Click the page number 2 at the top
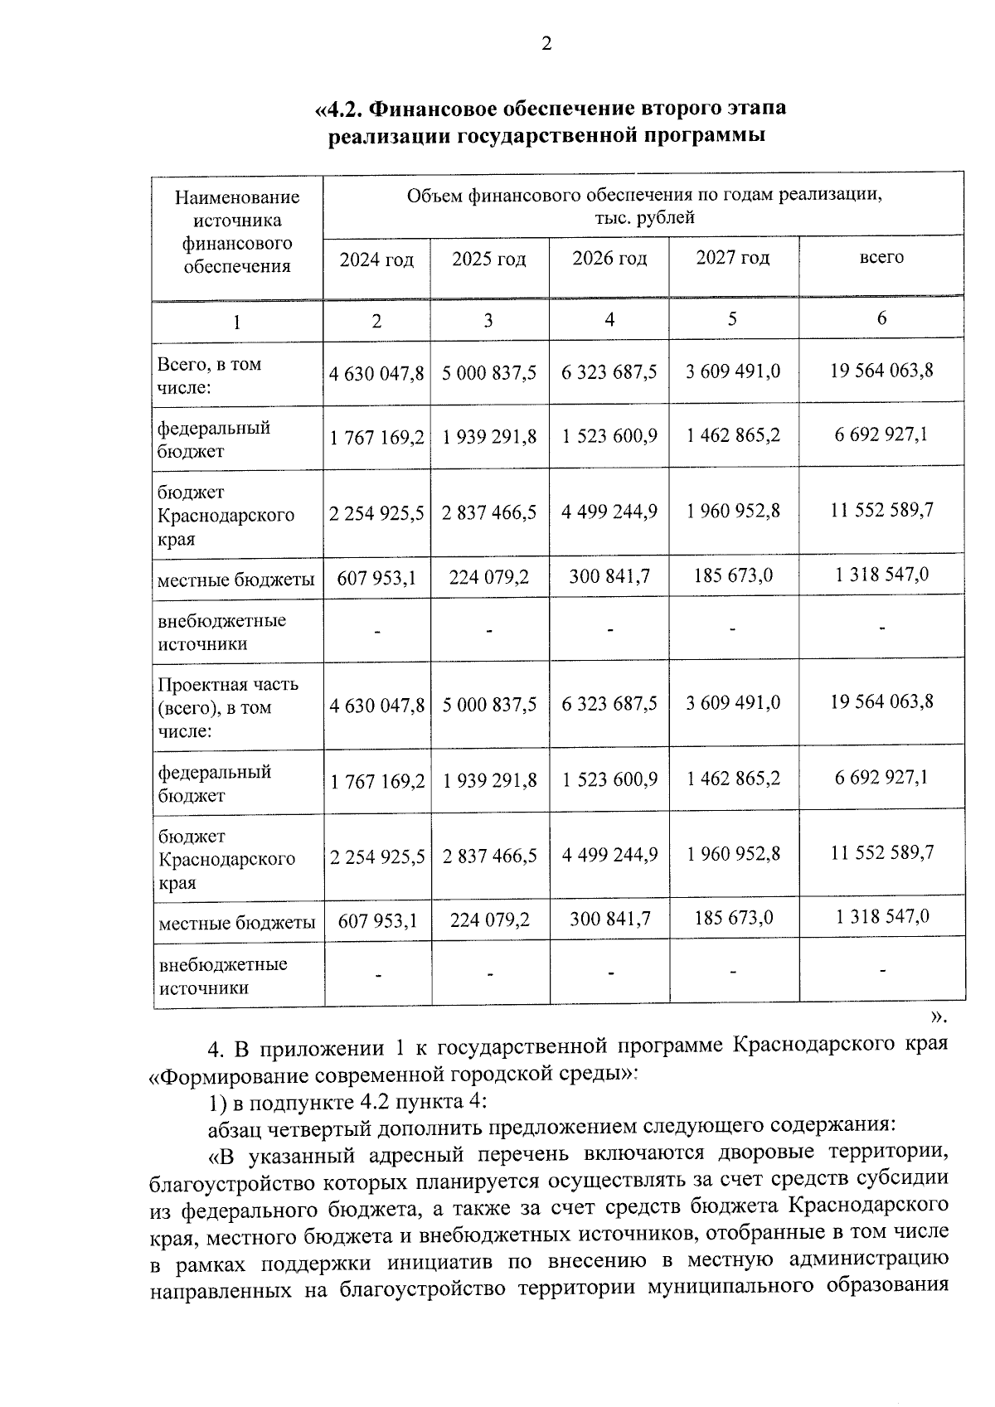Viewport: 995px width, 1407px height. [x=546, y=44]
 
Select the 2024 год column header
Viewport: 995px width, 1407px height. [x=376, y=260]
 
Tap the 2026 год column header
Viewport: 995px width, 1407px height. [x=609, y=258]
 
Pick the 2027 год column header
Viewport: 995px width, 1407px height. [x=732, y=257]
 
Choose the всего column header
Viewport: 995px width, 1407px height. [x=881, y=257]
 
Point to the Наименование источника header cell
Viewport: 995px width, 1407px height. [x=237, y=231]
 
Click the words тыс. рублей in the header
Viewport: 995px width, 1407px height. [x=644, y=218]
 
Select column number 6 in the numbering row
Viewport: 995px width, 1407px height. [x=881, y=318]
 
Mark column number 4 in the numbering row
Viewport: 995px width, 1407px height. [x=609, y=319]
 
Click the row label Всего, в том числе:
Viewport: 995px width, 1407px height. [x=209, y=376]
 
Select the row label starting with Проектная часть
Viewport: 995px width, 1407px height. [x=228, y=707]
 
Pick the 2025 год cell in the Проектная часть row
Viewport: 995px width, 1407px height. [x=489, y=705]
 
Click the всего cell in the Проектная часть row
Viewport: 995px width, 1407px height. [x=881, y=701]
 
